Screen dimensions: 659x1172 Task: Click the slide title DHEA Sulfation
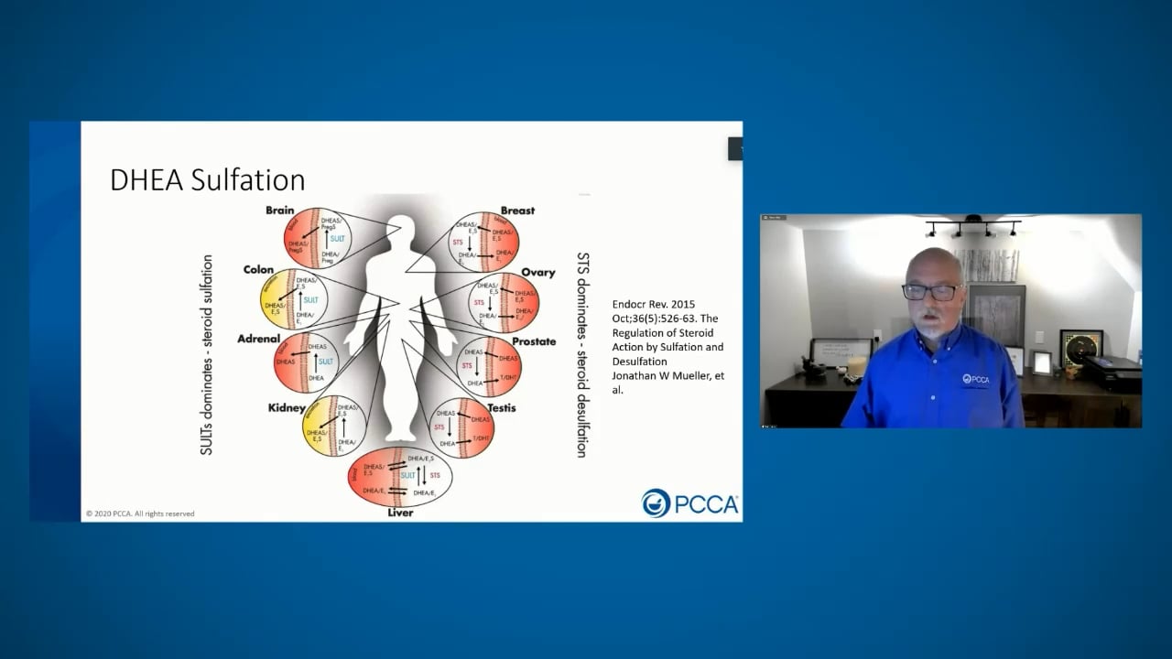(x=207, y=179)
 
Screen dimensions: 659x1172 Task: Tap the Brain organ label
(x=279, y=211)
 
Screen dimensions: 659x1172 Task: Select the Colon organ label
(x=258, y=270)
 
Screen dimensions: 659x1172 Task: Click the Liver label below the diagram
(x=400, y=513)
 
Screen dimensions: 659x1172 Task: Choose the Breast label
(x=517, y=211)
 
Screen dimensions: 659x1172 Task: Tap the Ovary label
(x=538, y=273)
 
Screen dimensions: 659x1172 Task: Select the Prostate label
(x=534, y=341)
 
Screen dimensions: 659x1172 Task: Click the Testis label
(x=501, y=408)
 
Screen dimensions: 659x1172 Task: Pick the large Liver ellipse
(x=400, y=477)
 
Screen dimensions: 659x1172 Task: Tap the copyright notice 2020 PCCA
(x=140, y=513)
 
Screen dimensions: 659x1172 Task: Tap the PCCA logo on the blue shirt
(x=976, y=379)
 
